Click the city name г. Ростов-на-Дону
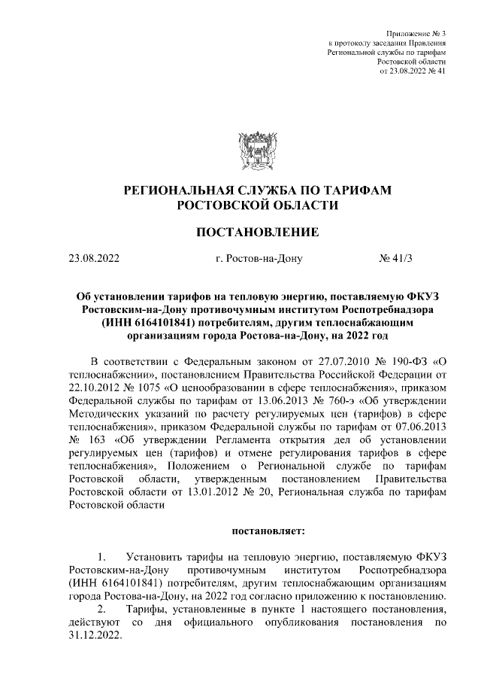[258, 260]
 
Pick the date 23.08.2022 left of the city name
[94, 260]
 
